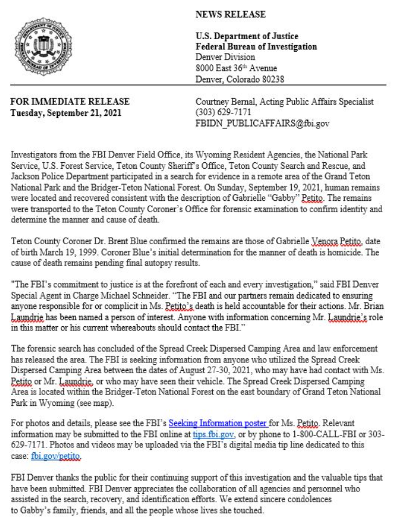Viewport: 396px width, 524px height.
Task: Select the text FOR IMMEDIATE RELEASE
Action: pyautogui.click(x=69, y=103)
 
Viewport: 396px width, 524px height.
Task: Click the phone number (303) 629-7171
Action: pyautogui.click(x=221, y=113)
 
